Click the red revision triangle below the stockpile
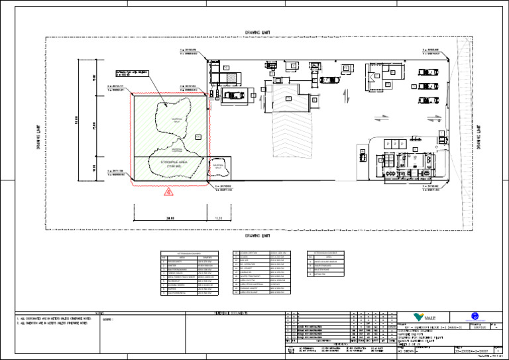[x=168, y=192]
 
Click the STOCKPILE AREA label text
[x=169, y=163]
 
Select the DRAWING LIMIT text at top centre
[x=257, y=32]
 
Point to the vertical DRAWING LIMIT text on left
[x=38, y=134]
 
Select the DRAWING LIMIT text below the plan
[x=257, y=235]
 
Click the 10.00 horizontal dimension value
[x=219, y=217]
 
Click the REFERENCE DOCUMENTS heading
[x=231, y=312]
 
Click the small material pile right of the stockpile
[x=217, y=167]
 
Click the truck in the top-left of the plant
[x=236, y=95]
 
